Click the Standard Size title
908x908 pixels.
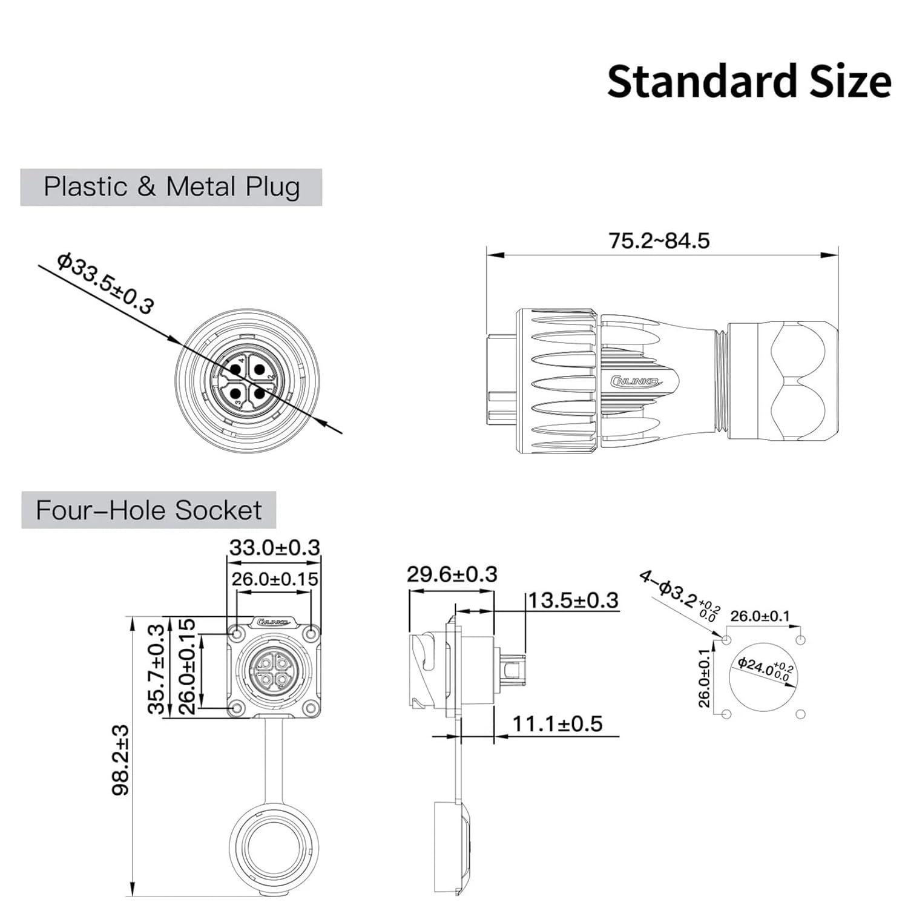[x=749, y=82]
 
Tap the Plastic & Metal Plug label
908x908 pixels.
[x=171, y=187]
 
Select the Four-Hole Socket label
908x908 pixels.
[x=148, y=510]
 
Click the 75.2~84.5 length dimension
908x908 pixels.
[x=659, y=241]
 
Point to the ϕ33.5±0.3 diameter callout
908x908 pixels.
[x=105, y=283]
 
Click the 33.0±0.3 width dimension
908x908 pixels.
[x=274, y=548]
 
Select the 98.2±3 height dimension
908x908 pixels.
[x=122, y=760]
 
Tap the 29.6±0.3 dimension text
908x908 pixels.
[x=452, y=574]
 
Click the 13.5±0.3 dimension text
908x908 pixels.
[x=573, y=600]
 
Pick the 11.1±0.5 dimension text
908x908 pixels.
[x=558, y=724]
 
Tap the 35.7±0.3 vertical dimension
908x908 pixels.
[x=156, y=669]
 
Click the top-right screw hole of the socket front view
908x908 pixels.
[x=311, y=634]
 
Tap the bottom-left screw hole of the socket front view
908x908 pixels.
[x=237, y=708]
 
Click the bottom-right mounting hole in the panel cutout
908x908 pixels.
[x=801, y=714]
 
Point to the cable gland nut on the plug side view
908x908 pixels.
[x=783, y=381]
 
